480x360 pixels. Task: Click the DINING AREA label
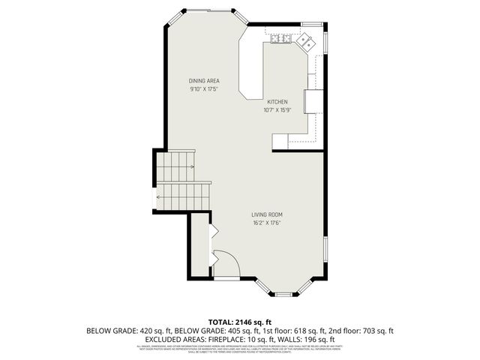(203, 80)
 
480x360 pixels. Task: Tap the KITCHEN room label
(277, 102)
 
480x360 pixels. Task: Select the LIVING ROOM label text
(266, 214)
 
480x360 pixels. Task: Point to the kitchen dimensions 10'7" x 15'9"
(277, 110)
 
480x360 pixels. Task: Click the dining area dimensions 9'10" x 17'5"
(203, 88)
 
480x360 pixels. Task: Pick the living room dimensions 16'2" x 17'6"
(266, 223)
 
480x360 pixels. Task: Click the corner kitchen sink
(306, 41)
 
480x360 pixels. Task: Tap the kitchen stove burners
(280, 39)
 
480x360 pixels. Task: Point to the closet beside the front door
(199, 244)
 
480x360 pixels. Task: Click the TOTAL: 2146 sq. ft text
(239, 321)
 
